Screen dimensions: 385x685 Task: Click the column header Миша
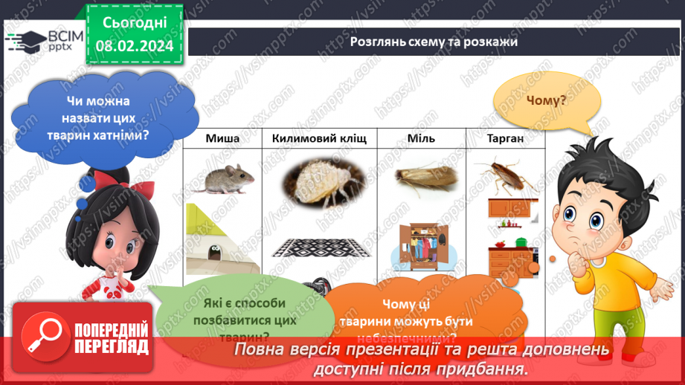coord(222,138)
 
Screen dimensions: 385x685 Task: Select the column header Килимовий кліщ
coord(318,138)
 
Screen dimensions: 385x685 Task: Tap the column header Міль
coord(421,138)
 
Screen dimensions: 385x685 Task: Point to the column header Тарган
coord(506,138)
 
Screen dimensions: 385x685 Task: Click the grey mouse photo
coord(221,178)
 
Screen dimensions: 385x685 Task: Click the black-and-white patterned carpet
coord(320,248)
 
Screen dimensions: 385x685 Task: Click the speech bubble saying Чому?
coord(545,102)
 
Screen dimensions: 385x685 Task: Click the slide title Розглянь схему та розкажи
coord(434,42)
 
